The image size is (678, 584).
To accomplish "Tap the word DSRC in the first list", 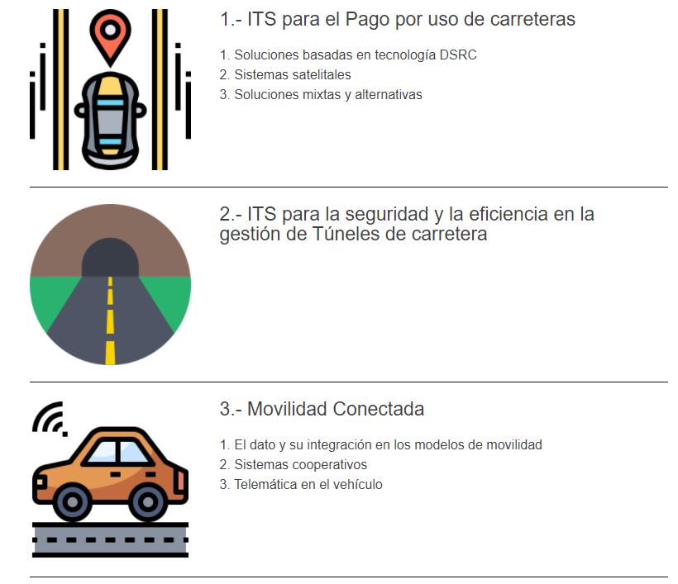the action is click(x=458, y=55).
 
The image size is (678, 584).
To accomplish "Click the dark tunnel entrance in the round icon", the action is click(x=110, y=258).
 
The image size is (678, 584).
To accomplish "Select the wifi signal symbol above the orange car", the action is click(x=49, y=419).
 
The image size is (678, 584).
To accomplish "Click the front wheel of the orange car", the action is click(x=73, y=502).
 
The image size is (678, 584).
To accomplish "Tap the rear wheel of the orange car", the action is click(x=148, y=502).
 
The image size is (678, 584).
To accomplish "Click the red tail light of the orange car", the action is click(x=181, y=479).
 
